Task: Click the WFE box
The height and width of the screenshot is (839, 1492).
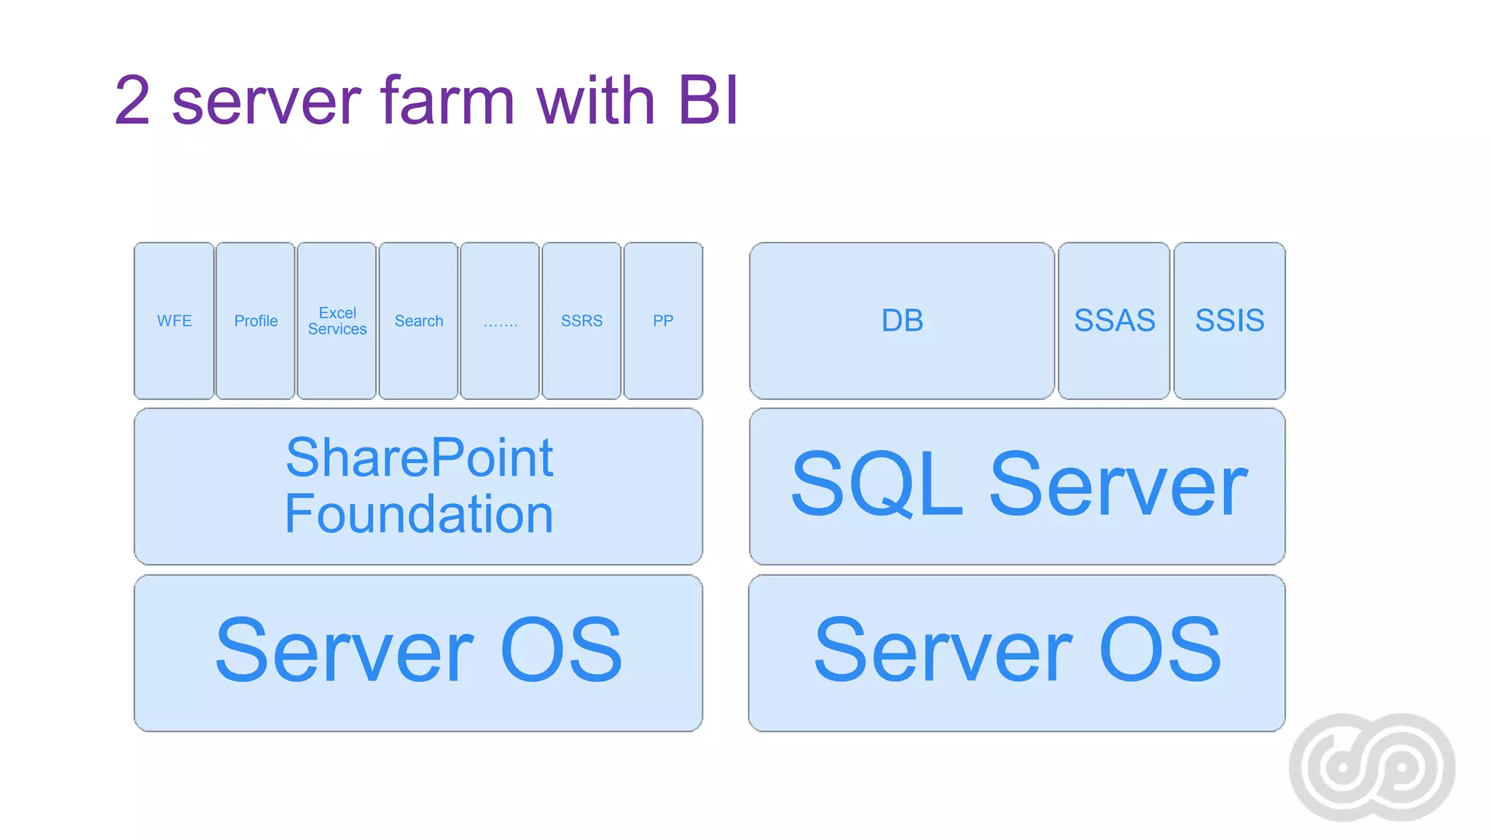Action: pyautogui.click(x=174, y=320)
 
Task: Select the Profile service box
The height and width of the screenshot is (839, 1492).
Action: pyautogui.click(x=256, y=320)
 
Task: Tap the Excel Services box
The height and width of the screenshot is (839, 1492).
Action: pyautogui.click(x=337, y=320)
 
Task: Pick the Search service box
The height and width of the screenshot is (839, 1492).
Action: pyautogui.click(x=419, y=320)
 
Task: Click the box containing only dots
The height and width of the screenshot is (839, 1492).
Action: pyautogui.click(x=500, y=320)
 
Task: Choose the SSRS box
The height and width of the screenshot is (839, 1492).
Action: pyautogui.click(x=581, y=320)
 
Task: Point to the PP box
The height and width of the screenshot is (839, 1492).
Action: pyautogui.click(x=663, y=320)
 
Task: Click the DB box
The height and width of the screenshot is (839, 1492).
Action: pyautogui.click(x=902, y=320)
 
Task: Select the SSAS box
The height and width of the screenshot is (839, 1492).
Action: pyautogui.click(x=1114, y=320)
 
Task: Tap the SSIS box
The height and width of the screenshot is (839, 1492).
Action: pyautogui.click(x=1230, y=320)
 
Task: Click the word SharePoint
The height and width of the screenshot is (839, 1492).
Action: pyautogui.click(x=419, y=458)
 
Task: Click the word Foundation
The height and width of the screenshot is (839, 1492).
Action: pyautogui.click(x=419, y=514)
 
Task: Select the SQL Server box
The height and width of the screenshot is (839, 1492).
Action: pyautogui.click(x=1018, y=486)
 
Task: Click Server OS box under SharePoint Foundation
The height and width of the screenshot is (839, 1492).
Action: pyautogui.click(x=419, y=652)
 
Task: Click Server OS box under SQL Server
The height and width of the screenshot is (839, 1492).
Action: pyautogui.click(x=1018, y=652)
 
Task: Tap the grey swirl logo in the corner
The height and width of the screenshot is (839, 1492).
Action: pyautogui.click(x=1372, y=767)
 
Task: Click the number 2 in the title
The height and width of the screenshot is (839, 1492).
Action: pyautogui.click(x=133, y=101)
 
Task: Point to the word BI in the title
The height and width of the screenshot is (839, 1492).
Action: pyautogui.click(x=708, y=101)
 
